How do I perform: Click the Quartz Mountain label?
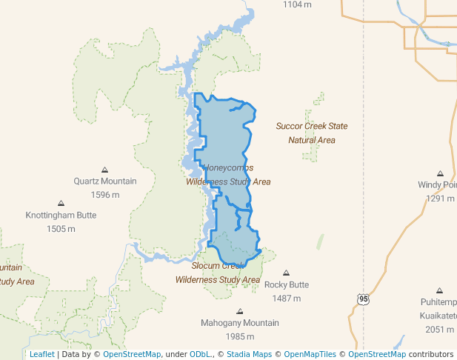click(104, 181)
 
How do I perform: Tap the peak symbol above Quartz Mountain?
click(104, 170)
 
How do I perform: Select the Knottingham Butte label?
click(61, 216)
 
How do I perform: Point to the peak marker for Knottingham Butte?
click(61, 203)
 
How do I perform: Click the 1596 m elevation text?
click(104, 195)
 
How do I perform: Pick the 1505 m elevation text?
click(61, 229)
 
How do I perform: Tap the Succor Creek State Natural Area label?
click(312, 133)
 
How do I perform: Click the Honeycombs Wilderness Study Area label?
click(228, 175)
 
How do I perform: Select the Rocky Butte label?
click(287, 285)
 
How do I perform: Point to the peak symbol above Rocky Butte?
click(287, 273)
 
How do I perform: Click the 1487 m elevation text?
click(287, 299)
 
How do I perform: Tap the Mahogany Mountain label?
click(240, 323)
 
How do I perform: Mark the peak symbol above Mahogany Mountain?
click(239, 311)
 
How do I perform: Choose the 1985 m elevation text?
click(240, 336)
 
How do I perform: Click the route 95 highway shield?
click(363, 299)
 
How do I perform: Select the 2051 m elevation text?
click(439, 330)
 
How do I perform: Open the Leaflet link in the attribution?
click(41, 354)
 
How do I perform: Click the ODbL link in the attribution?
click(200, 354)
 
